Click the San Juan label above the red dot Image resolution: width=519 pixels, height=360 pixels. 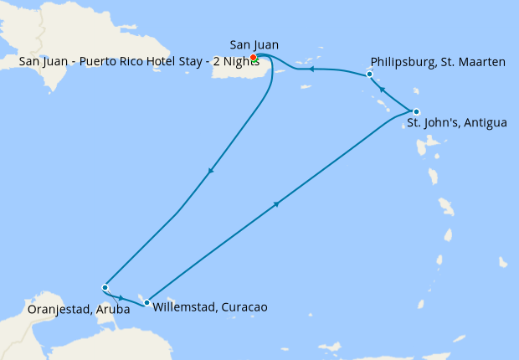click(254, 44)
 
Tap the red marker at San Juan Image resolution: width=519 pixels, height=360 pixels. click(254, 57)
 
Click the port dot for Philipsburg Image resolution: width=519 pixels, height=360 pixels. click(369, 75)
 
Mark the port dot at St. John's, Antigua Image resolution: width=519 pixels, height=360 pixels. click(416, 111)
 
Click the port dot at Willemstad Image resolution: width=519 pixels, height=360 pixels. click(146, 302)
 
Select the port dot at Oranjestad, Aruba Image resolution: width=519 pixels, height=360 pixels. click(105, 287)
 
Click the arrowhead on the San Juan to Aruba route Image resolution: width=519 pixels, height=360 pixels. click(209, 171)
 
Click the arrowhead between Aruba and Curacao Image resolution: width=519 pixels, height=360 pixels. click(121, 297)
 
